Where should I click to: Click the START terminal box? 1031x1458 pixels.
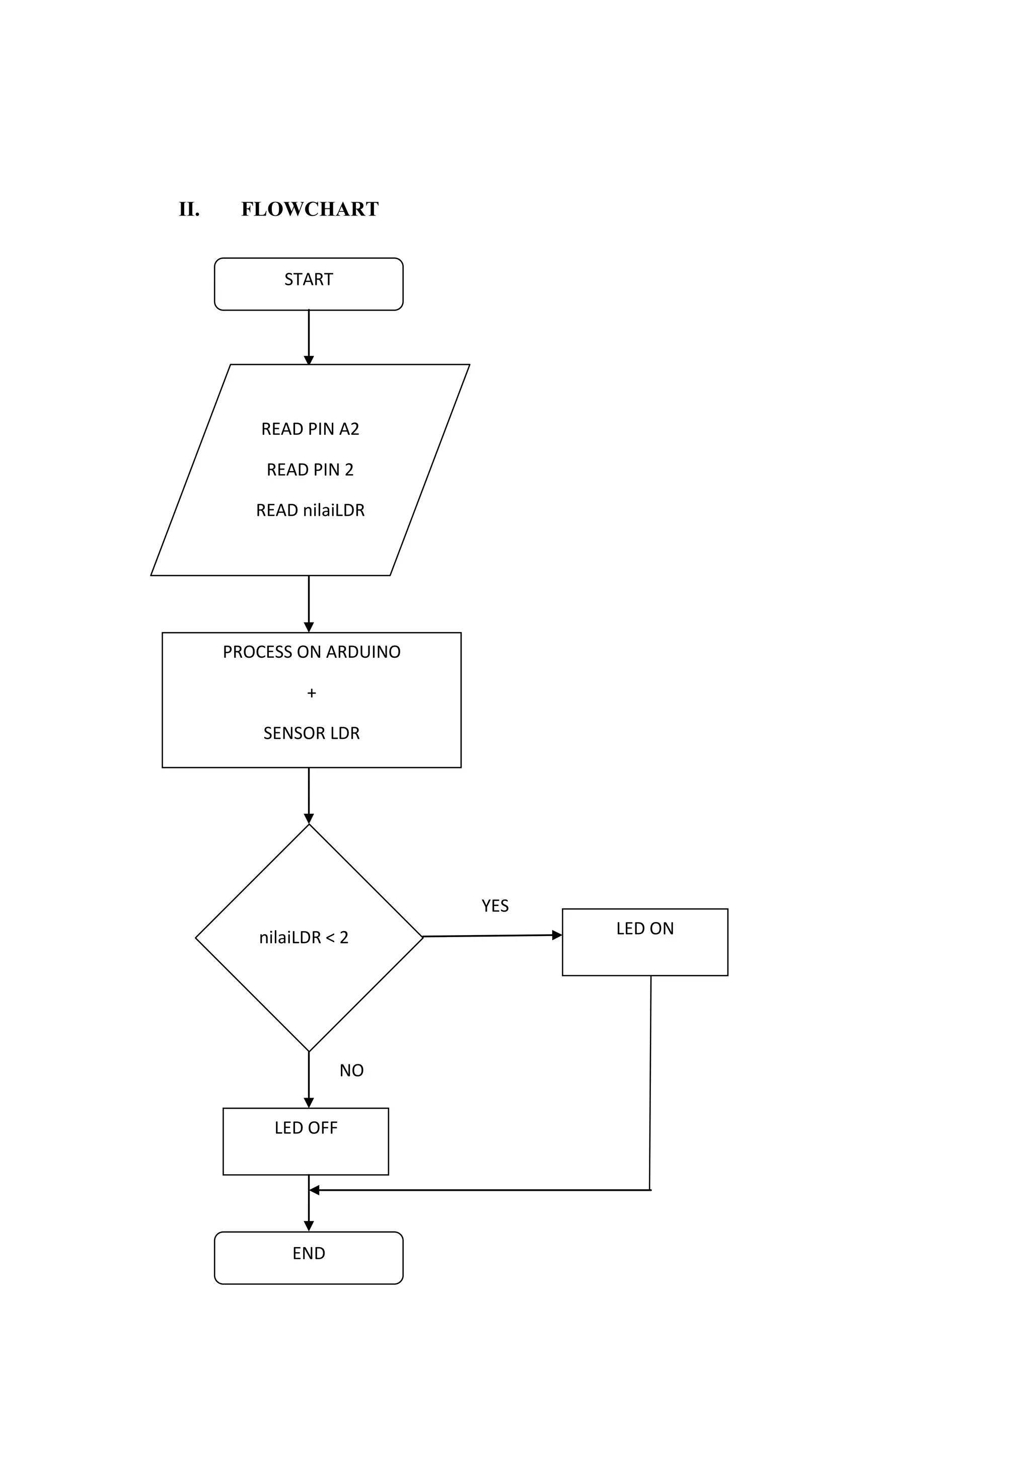point(308,284)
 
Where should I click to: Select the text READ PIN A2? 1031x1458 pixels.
point(310,429)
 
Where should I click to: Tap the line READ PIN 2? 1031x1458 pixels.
point(310,470)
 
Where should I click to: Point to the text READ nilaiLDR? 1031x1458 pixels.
point(310,510)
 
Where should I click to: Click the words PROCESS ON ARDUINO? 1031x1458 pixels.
point(311,652)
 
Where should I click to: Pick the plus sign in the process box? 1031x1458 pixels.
point(311,694)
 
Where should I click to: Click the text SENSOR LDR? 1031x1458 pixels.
point(311,733)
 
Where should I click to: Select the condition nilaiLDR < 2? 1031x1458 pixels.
point(304,938)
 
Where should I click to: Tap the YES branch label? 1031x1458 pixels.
point(495,906)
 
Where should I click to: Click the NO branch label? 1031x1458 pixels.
point(351,1070)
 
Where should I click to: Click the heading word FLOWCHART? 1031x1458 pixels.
point(310,209)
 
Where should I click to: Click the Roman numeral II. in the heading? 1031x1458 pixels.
point(189,209)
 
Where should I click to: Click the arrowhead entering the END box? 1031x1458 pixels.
point(309,1226)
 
